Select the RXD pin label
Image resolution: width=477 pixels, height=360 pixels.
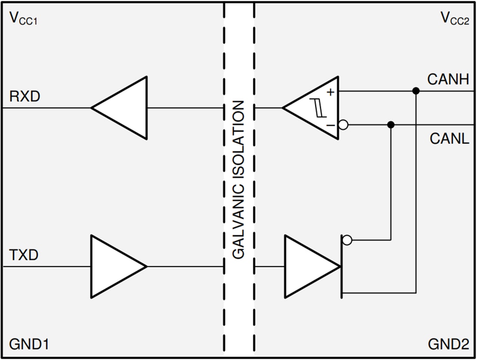[x=24, y=96]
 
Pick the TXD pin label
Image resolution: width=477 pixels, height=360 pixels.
[x=23, y=255]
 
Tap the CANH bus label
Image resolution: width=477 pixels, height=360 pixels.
[x=448, y=79]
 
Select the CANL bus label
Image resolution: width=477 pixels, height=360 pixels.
[x=449, y=139]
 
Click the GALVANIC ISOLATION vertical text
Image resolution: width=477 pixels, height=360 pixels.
[x=239, y=180]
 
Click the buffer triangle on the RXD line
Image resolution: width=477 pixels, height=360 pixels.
[x=124, y=108]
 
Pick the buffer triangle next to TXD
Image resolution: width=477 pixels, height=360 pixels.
[x=115, y=266]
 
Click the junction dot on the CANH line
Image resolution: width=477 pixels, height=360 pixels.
[x=415, y=91]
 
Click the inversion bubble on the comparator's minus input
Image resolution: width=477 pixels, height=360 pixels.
[x=343, y=125]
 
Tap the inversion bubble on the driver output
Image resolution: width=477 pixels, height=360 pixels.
[x=346, y=239]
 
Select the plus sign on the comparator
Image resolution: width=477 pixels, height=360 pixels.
[x=331, y=92]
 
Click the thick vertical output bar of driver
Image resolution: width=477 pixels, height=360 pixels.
[x=342, y=266]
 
